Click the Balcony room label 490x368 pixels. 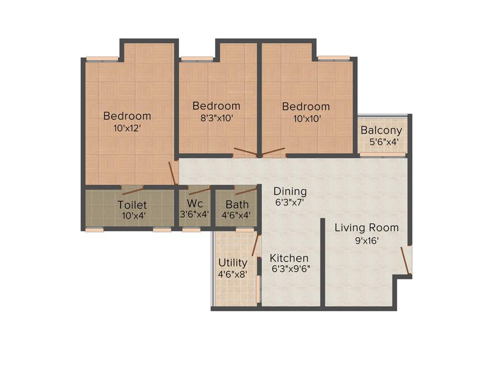pos(381,130)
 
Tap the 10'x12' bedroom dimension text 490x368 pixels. pos(127,128)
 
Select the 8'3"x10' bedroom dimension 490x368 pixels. pos(216,118)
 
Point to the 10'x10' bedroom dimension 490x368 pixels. pos(305,118)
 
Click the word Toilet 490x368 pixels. pos(132,205)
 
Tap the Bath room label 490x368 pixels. pos(237,205)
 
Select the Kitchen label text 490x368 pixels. pos(289,258)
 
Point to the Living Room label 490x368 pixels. pos(367,228)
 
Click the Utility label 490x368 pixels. pos(233,263)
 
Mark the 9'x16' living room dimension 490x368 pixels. pos(367,241)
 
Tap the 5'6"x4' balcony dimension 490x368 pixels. pos(384,142)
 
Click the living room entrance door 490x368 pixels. pos(406,260)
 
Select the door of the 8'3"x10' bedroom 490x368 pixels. pos(245,152)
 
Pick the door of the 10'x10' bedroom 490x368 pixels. pos(273,152)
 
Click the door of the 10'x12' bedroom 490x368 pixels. pos(173,173)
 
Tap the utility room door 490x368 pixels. pos(256,245)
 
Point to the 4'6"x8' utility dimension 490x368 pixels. pos(233,275)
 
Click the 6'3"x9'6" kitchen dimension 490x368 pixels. pos(290,269)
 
